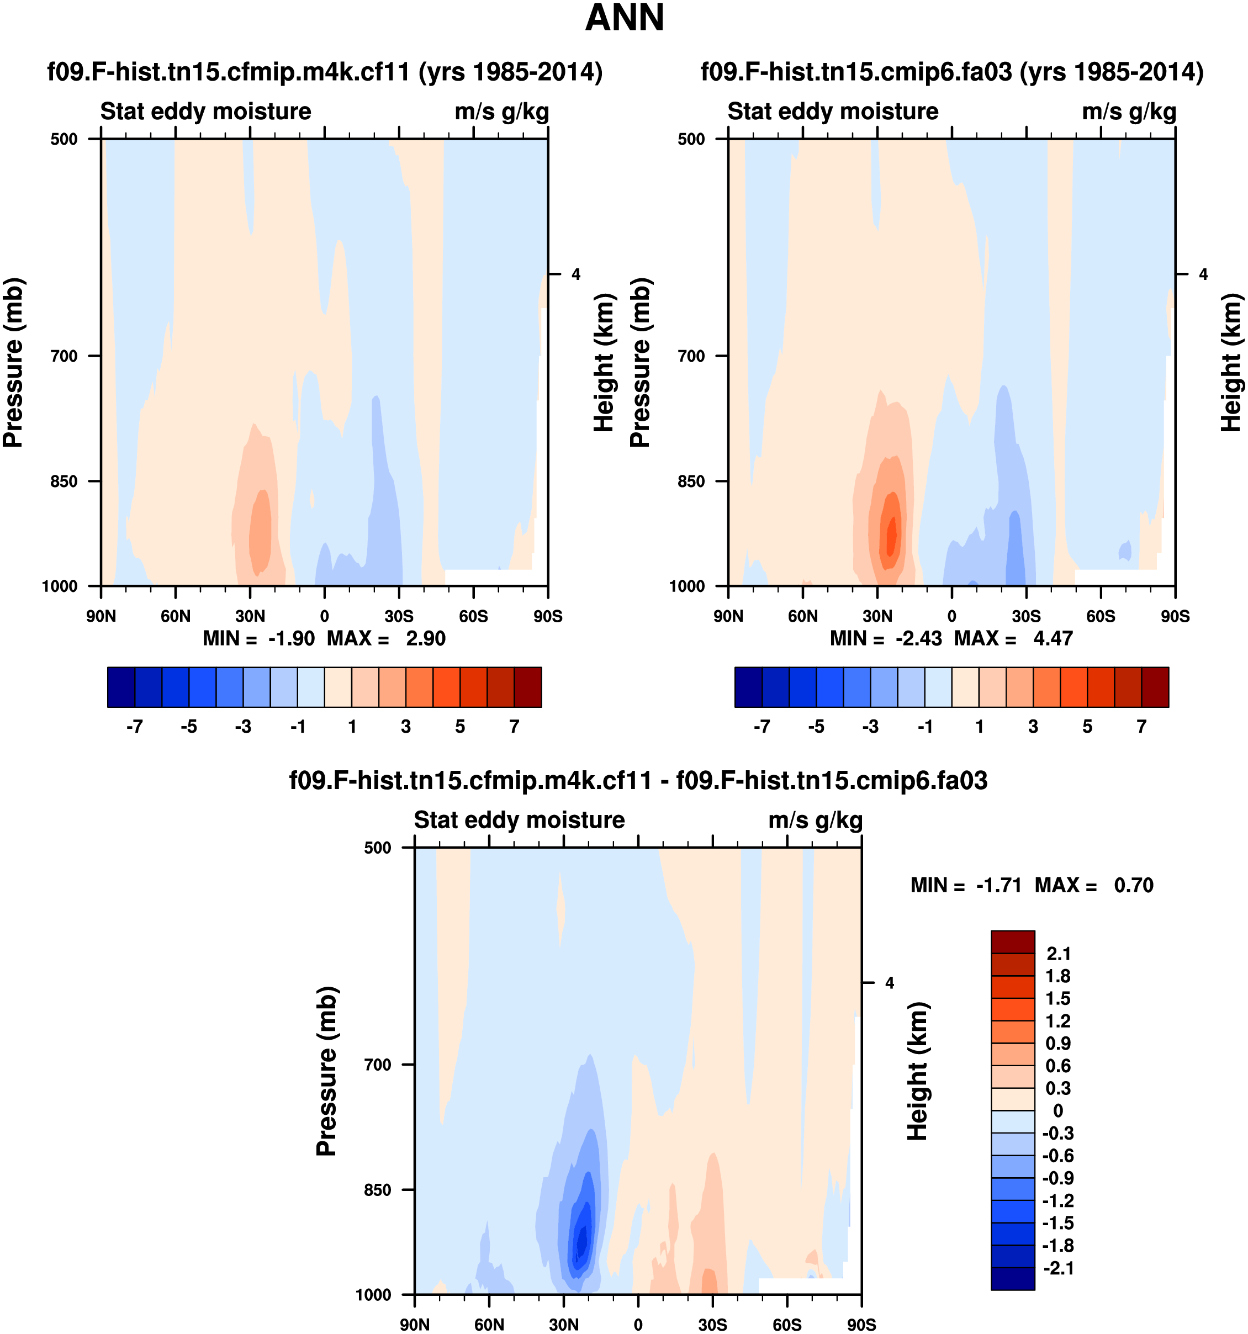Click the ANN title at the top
pos(624,18)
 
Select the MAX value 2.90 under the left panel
pos(425,638)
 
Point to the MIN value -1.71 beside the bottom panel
pos(998,885)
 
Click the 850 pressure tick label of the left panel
pos(65,481)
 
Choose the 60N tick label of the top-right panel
pos(802,616)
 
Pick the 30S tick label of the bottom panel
pos(712,1325)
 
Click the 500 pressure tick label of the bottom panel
pos(377,848)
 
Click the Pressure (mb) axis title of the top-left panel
pos(13,362)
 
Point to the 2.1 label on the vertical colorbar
pos(1058,954)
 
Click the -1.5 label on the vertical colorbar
pos(1058,1222)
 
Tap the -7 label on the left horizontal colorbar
pos(134,727)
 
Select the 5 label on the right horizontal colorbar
pos(1087,727)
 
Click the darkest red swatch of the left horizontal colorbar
pos(527,687)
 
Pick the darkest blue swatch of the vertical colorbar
pos(1013,1278)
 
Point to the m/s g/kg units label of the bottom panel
pos(815,820)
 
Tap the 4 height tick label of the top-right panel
pos(1203,274)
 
